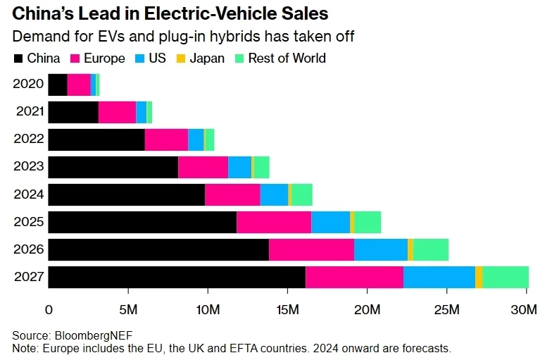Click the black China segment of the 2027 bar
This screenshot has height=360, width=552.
click(x=177, y=277)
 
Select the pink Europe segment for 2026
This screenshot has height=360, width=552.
click(x=311, y=249)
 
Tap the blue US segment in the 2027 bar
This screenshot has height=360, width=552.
click(x=439, y=277)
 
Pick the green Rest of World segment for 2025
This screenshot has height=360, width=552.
click(x=368, y=222)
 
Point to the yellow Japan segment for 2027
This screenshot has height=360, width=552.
click(x=479, y=277)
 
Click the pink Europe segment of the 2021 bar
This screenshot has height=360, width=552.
click(x=117, y=112)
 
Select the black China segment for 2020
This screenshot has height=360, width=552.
click(x=58, y=85)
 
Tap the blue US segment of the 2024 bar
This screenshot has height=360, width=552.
click(x=274, y=194)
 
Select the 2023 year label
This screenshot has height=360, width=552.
click(x=28, y=167)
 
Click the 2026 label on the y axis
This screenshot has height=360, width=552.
click(x=28, y=249)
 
